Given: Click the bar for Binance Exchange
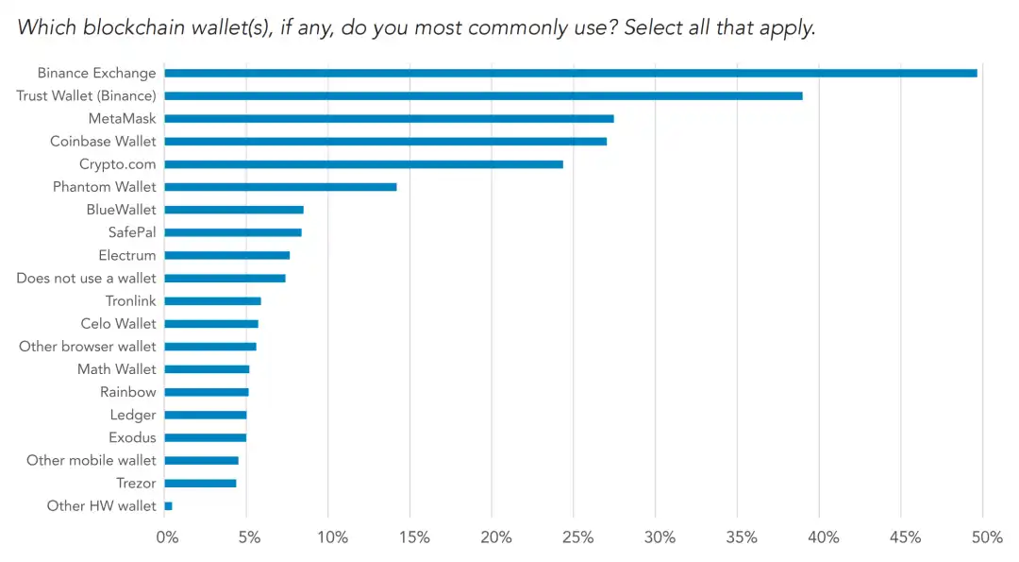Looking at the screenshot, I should click(570, 73).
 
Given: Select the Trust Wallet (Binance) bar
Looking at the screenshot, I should click(483, 95).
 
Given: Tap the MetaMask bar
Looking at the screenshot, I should click(389, 118).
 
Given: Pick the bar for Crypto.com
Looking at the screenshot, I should click(363, 164).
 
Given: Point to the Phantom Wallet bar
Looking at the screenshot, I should click(280, 187).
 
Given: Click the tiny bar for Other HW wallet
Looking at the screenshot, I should click(168, 506).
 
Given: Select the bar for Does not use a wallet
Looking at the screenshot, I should click(225, 278).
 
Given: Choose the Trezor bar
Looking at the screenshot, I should click(200, 484).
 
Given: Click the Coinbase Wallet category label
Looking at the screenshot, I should click(103, 142).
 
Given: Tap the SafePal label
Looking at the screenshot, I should click(132, 232).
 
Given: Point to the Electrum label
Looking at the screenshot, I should click(127, 255).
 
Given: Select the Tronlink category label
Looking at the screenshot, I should click(131, 301).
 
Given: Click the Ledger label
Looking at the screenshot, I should click(133, 415).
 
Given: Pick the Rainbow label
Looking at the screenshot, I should click(128, 392).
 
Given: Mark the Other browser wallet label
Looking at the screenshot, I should click(88, 347).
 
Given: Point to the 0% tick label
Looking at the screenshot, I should click(166, 538).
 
